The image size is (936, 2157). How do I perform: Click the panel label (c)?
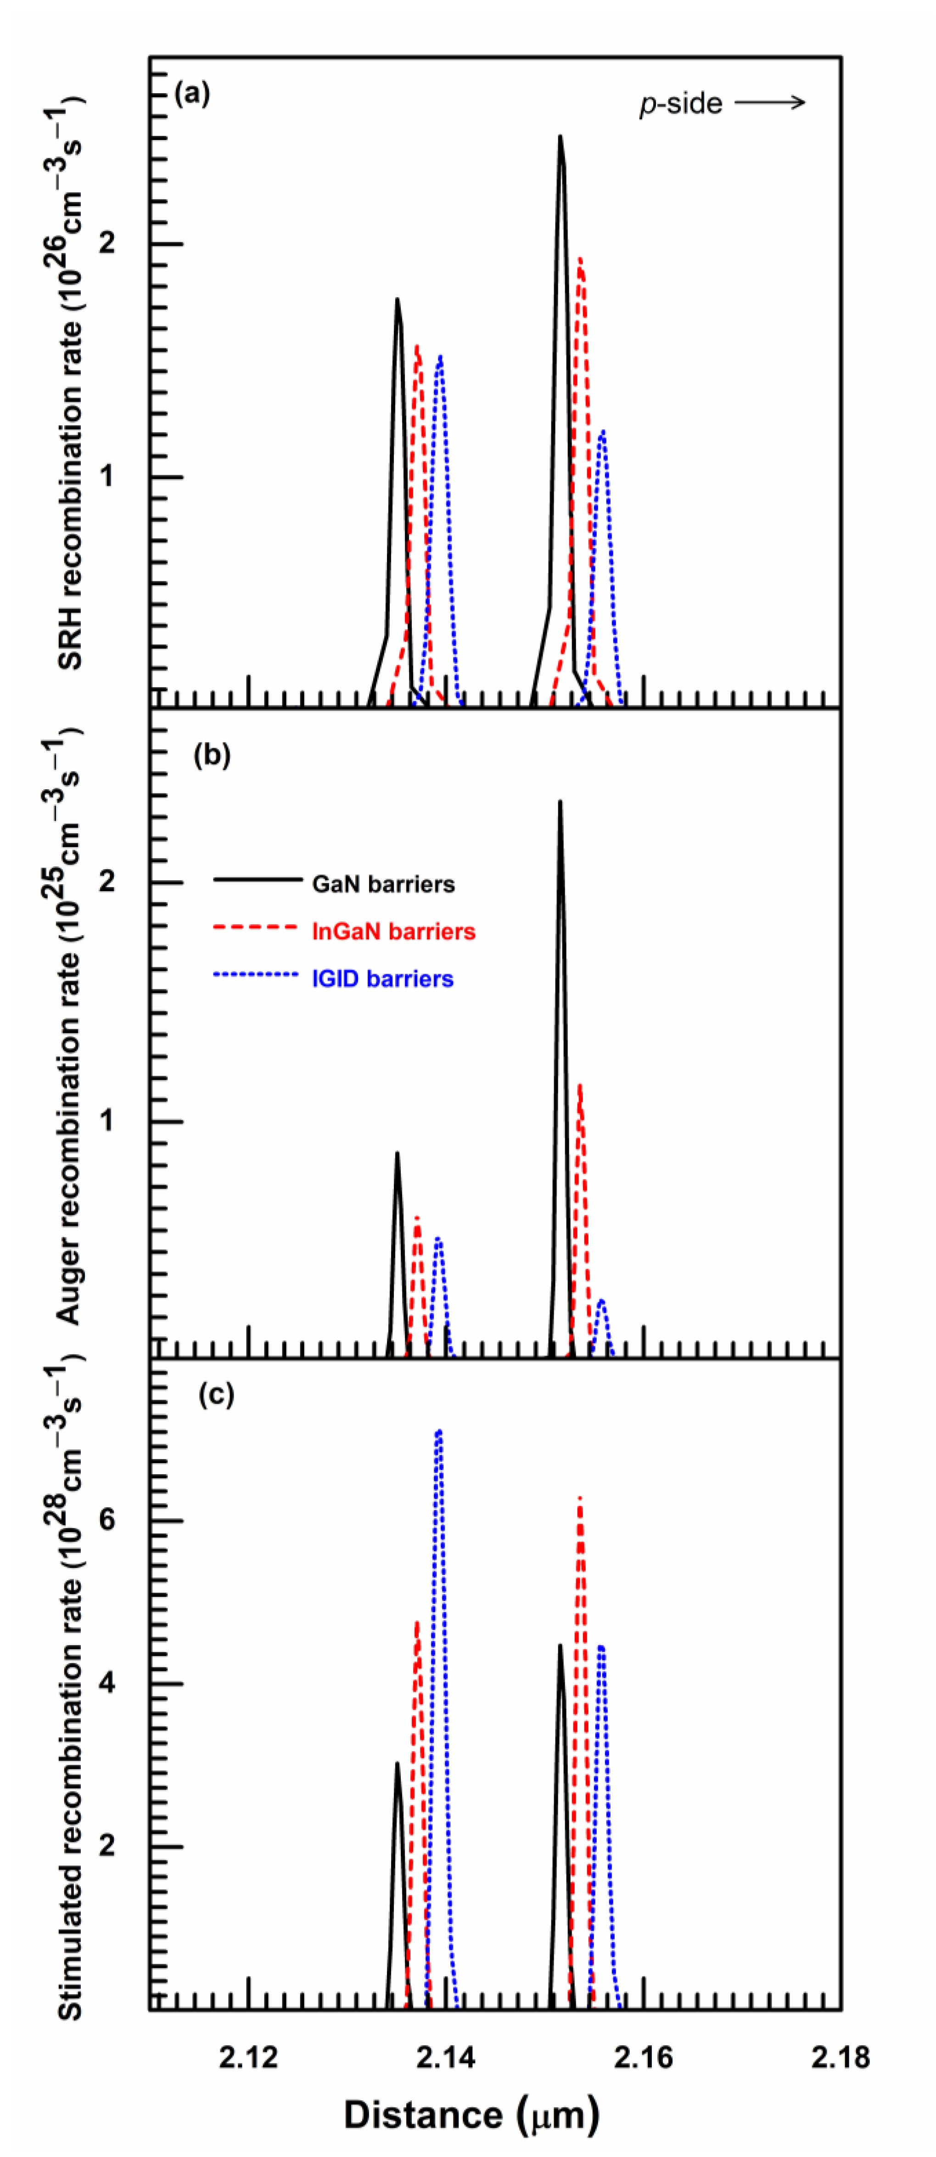point(216,1394)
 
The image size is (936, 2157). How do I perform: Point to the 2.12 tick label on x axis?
point(249,2050)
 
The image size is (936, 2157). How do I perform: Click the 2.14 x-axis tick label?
point(445,2050)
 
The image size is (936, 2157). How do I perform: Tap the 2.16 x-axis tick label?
point(643,2050)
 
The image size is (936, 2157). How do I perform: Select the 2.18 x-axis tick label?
point(840,2050)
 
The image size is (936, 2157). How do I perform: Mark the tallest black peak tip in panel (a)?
point(560,136)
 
